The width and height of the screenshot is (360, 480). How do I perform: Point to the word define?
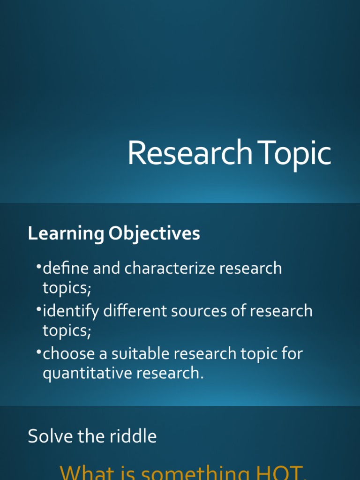(65, 269)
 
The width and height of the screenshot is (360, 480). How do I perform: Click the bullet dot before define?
(38, 267)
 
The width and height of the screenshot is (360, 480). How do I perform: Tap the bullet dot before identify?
(38, 309)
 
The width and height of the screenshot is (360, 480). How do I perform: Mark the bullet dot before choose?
(38, 352)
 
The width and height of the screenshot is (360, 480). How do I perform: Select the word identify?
(70, 311)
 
